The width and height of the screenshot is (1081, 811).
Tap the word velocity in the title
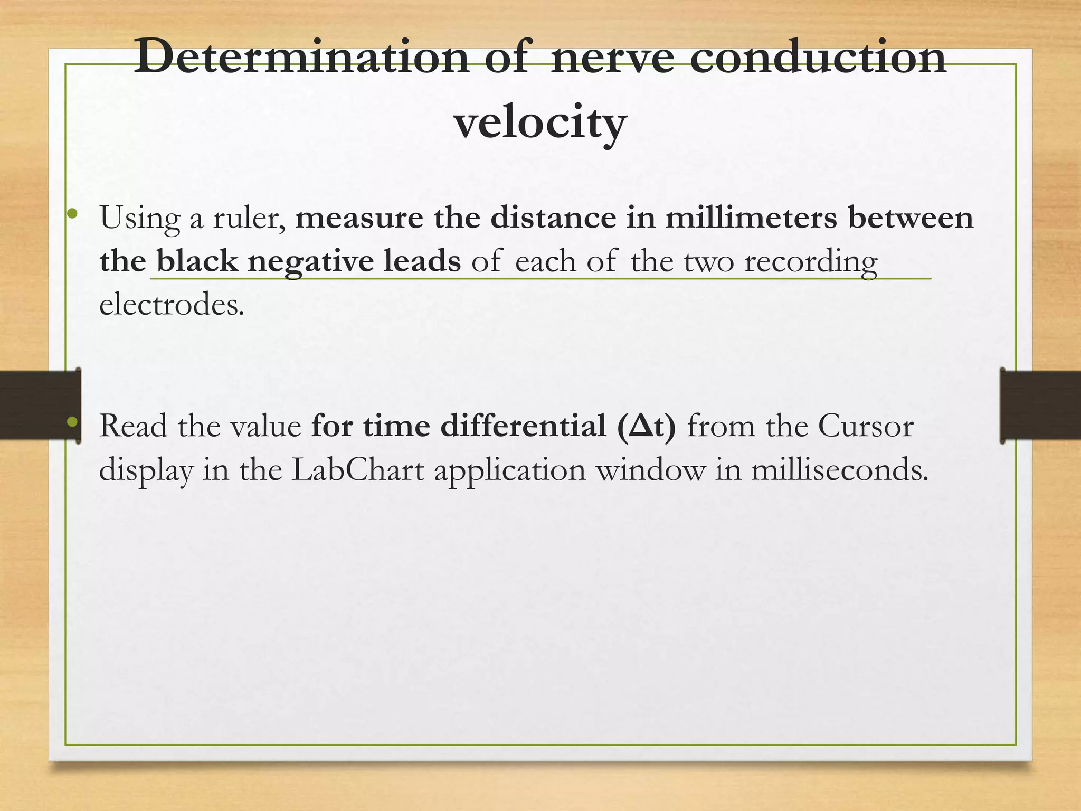(540, 122)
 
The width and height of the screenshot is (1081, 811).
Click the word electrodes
(172, 305)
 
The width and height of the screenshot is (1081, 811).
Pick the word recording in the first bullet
(811, 261)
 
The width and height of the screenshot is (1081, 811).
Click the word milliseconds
(839, 470)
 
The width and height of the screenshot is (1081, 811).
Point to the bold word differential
(523, 426)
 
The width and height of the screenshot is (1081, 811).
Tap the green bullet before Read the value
(73, 422)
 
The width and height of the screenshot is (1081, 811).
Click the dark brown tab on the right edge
(1040, 405)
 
